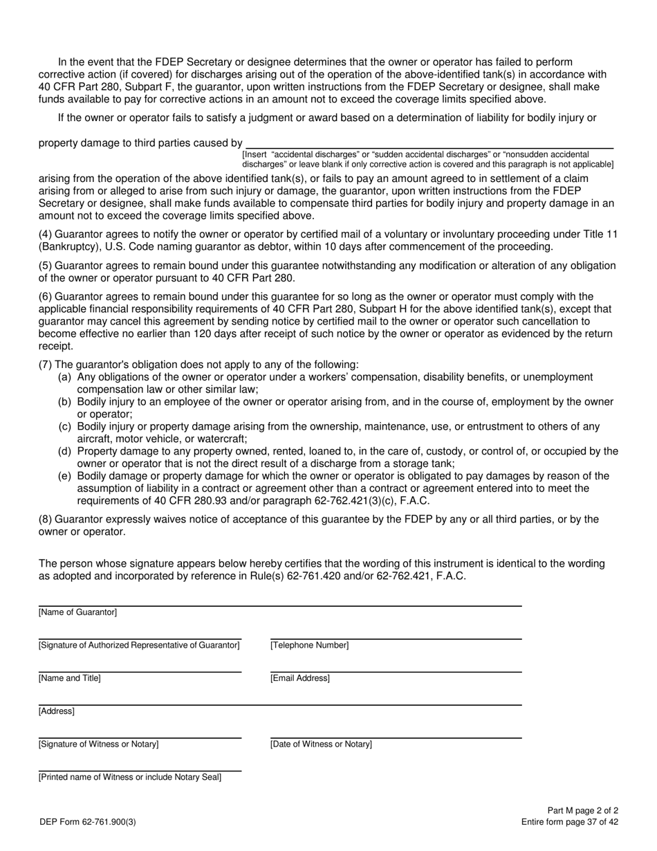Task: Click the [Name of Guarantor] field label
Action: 78,612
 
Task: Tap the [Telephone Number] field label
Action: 309,646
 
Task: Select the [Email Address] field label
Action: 300,678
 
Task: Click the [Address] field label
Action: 57,711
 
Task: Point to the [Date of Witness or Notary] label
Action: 321,744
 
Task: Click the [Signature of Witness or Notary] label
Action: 99,744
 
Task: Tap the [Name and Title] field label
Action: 70,678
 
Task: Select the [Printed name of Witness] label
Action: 130,777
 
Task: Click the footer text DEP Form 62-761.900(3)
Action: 88,822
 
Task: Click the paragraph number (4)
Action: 45,235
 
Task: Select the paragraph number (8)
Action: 45,519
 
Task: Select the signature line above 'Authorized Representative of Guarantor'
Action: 140,638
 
